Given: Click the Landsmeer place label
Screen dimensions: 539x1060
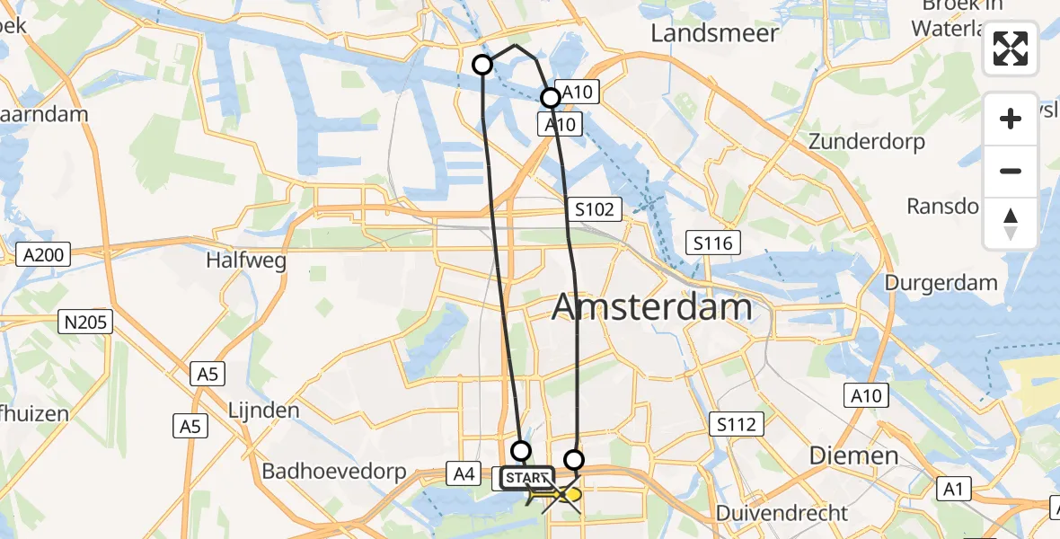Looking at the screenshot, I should [x=714, y=33].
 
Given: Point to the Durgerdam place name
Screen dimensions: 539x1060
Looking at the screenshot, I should [x=941, y=283].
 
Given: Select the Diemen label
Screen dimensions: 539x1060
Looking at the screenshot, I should [x=854, y=455].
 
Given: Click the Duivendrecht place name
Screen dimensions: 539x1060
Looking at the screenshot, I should [x=782, y=513].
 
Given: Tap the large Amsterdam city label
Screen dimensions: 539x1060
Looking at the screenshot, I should [x=651, y=307].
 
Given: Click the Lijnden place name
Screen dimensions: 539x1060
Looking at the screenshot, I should [x=264, y=411].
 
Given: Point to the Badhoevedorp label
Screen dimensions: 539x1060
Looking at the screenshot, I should [x=334, y=472].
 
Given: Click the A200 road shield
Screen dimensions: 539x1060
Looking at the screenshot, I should [x=44, y=255].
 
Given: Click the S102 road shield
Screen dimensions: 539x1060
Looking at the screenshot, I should [x=595, y=210].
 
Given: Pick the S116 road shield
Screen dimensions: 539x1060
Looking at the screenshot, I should [x=713, y=243].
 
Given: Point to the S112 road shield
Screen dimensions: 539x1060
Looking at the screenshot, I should [x=738, y=424].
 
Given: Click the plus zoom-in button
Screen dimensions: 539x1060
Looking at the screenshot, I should [x=1011, y=119].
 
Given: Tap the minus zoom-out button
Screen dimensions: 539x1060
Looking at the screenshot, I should [x=1011, y=171].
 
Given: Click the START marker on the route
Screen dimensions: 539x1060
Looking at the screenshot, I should [x=527, y=477].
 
